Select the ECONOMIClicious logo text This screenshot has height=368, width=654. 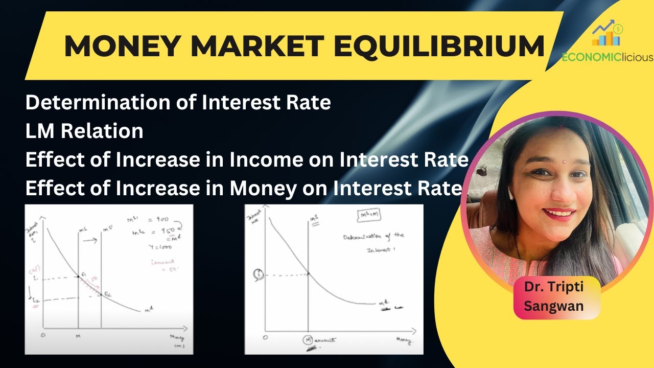pos(607,57)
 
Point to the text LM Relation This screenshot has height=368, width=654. pos(84,131)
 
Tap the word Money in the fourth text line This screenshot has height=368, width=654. pos(262,189)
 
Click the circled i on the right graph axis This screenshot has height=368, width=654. pos(257,274)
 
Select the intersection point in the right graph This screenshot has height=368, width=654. pos(308,274)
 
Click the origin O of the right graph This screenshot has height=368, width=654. pos(264,338)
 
